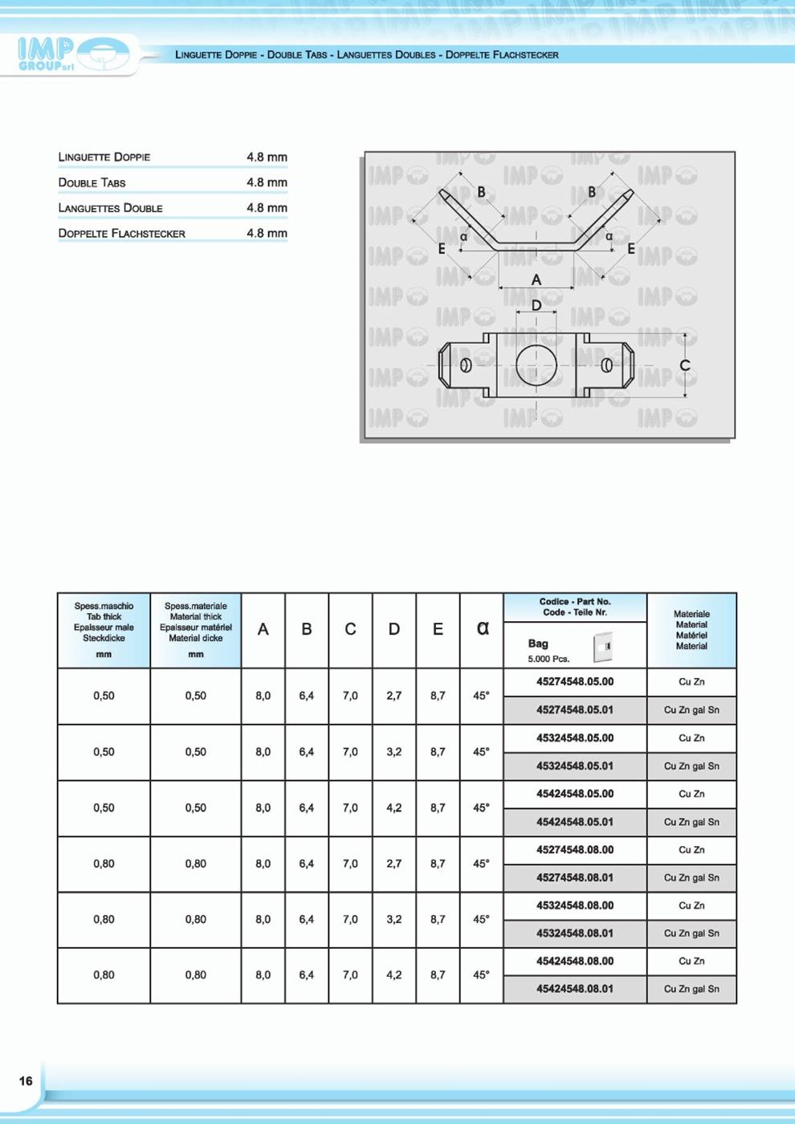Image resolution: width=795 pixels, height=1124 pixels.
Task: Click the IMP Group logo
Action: coord(72,55)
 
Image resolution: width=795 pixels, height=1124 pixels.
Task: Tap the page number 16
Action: coord(26,1081)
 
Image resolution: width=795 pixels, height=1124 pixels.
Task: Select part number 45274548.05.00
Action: coord(574,682)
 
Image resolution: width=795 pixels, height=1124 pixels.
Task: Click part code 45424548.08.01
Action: coord(574,989)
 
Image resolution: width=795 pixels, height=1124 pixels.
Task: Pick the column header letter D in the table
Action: coord(393,630)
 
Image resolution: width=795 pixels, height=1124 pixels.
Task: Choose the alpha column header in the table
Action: coord(482,628)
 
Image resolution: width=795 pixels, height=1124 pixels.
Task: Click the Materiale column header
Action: coord(691,630)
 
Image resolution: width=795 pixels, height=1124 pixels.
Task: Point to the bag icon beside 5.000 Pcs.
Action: coord(602,646)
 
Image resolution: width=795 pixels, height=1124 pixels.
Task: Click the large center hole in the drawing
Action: coord(536,366)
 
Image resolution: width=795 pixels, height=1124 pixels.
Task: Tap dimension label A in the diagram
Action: coord(536,280)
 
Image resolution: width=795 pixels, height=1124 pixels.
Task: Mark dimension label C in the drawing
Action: coord(685,366)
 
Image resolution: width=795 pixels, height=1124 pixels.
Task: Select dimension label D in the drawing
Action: coord(536,306)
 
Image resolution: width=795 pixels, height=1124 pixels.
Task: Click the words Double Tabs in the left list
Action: coord(92,182)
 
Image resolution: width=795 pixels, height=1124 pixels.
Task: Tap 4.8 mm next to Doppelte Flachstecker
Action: coord(267,233)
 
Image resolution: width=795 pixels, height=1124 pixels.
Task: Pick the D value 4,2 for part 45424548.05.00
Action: coord(393,808)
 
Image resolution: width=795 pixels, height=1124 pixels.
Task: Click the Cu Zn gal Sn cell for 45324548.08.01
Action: coord(691,934)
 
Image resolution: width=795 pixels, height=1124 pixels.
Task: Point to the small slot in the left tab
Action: coord(466,366)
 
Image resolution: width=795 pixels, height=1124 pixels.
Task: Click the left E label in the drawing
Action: coord(442,249)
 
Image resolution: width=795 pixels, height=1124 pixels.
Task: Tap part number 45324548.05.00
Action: coord(574,738)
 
